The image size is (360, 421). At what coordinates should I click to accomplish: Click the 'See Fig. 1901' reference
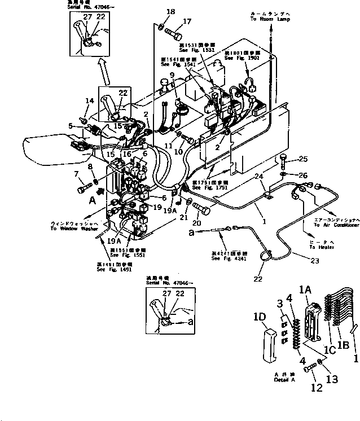point(242,58)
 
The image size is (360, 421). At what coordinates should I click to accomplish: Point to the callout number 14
point(89,101)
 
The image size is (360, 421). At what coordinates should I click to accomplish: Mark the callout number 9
point(172,75)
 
